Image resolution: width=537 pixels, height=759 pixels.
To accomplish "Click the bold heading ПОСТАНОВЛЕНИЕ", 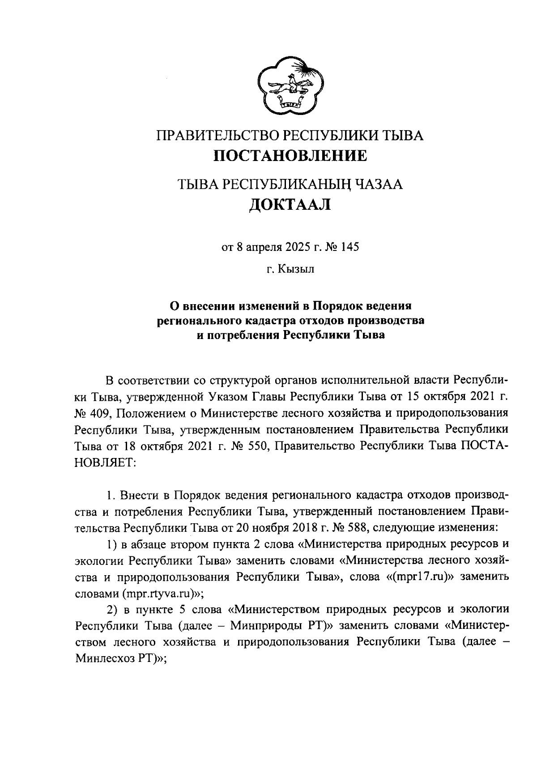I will click(290, 156).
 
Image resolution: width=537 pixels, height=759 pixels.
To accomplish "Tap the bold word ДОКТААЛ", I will click(290, 204).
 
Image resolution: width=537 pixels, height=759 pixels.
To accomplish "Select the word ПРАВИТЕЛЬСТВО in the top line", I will click(213, 136).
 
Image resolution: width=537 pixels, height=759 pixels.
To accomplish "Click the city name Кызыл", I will click(297, 270).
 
